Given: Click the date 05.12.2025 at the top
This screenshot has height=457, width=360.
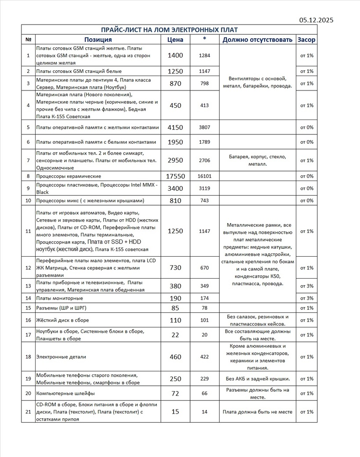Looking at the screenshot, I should pyautogui.click(x=317, y=20).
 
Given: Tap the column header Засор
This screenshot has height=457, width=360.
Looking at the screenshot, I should pyautogui.click(x=306, y=40).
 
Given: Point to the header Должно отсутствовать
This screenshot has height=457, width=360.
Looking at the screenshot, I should pyautogui.click(x=257, y=40).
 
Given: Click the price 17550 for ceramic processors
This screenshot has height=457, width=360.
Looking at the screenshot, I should pyautogui.click(x=175, y=176).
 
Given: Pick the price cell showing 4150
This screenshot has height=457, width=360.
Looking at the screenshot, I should pyautogui.click(x=175, y=127).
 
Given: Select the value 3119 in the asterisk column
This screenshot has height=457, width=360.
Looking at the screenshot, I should pyautogui.click(x=205, y=189).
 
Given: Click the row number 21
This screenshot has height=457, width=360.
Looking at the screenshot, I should pyautogui.click(x=29, y=412).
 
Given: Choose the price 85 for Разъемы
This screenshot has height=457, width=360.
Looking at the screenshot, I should pyautogui.click(x=175, y=308).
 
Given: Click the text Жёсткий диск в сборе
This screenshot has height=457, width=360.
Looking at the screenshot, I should pyautogui.click(x=62, y=320).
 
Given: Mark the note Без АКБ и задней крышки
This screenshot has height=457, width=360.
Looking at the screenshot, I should pyautogui.click(x=257, y=379).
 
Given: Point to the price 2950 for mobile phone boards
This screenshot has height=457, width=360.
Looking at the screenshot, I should pyautogui.click(x=175, y=160).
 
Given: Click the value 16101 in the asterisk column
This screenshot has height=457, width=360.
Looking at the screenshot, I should pyautogui.click(x=205, y=176).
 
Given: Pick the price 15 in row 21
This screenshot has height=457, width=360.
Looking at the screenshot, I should pyautogui.click(x=175, y=412).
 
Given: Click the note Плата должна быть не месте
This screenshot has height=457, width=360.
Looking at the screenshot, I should pyautogui.click(x=257, y=412).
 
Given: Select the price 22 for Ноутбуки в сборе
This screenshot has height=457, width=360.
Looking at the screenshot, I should pyautogui.click(x=175, y=335).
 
